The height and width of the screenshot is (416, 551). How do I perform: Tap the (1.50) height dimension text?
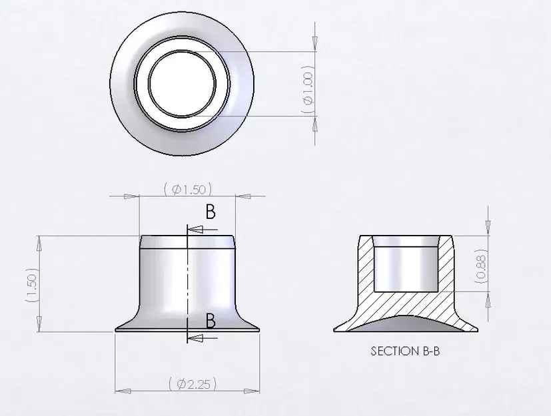30,286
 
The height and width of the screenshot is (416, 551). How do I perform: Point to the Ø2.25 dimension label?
191,383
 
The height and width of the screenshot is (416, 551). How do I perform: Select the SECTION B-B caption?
405,351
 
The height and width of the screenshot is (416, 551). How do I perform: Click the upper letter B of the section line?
211,212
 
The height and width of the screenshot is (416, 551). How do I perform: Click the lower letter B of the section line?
211,321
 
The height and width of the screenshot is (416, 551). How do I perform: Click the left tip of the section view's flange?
335,329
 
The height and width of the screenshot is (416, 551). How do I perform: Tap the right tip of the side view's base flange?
258,327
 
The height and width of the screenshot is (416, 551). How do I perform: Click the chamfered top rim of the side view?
188,242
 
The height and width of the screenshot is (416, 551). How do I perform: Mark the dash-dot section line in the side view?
188,280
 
